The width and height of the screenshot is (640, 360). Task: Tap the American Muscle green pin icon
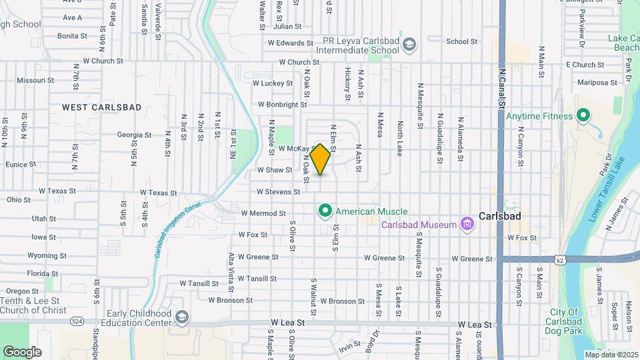pyautogui.click(x=325, y=211)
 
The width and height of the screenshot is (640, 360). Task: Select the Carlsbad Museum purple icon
pyautogui.click(x=467, y=224)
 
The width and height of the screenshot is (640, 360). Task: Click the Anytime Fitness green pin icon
pyautogui.click(x=583, y=117)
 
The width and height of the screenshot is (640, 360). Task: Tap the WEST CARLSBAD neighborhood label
pyautogui.click(x=102, y=107)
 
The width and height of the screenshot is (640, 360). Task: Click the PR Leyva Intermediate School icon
pyautogui.click(x=409, y=45)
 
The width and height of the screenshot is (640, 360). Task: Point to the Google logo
pyautogui.click(x=22, y=351)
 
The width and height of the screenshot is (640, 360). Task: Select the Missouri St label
pyautogui.click(x=35, y=80)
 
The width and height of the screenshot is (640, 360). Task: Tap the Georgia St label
pyautogui.click(x=134, y=135)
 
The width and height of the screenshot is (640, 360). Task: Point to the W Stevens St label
pyautogui.click(x=279, y=192)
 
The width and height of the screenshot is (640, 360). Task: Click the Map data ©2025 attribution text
pyautogui.click(x=610, y=355)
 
